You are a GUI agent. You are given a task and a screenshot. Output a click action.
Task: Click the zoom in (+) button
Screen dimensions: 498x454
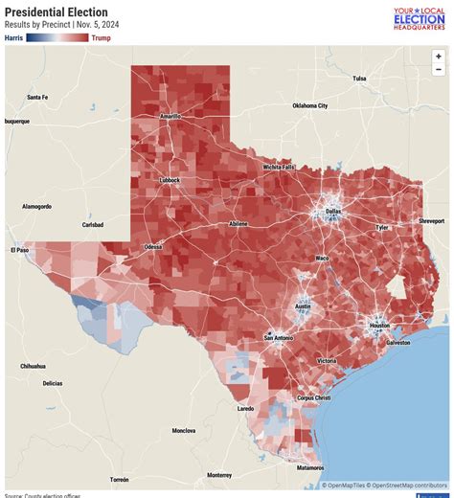[x=438, y=57]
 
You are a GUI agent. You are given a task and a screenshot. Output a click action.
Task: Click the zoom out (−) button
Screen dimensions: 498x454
[x=438, y=70]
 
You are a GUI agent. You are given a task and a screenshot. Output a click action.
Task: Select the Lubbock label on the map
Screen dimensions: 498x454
[x=169, y=179]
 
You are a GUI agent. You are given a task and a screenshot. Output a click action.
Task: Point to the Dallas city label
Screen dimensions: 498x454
[x=332, y=211]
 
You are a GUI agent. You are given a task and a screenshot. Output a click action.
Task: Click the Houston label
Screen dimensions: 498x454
[x=379, y=326]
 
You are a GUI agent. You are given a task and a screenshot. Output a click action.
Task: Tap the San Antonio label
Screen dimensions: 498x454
[x=280, y=338]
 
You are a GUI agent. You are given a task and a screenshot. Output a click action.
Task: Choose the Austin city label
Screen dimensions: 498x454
[x=303, y=306]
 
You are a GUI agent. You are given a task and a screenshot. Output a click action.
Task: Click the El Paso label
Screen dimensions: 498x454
[x=20, y=250]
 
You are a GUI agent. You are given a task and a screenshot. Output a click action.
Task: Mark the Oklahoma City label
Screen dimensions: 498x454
[x=309, y=105]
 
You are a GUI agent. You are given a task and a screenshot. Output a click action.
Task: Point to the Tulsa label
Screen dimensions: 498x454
[x=359, y=79]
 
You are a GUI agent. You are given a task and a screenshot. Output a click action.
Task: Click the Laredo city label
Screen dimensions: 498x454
[x=245, y=408]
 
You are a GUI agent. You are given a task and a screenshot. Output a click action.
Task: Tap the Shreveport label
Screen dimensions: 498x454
[x=431, y=220]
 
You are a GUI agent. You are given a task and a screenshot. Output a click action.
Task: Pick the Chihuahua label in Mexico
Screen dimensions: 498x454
[x=33, y=366]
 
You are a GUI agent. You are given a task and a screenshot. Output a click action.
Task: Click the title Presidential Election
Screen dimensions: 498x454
[x=56, y=12]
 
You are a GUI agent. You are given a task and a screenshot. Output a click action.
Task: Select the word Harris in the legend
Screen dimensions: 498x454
[x=13, y=38]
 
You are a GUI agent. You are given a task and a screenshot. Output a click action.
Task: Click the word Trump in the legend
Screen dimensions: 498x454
[x=101, y=38]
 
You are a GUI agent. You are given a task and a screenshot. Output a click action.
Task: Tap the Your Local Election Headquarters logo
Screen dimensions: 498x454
[x=419, y=18]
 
